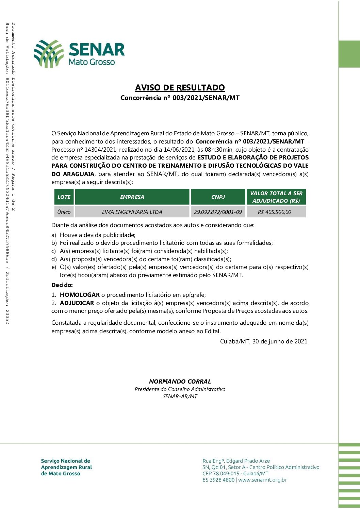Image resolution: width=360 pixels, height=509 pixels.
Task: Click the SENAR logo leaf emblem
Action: coord(49,53)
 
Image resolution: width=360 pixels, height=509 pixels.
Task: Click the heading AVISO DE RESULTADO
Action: coord(180,87)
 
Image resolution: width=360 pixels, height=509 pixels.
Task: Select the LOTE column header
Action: coord(64,197)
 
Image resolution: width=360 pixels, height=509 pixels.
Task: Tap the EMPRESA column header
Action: coord(132,197)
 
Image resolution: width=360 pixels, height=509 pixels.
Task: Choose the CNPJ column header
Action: coord(218,197)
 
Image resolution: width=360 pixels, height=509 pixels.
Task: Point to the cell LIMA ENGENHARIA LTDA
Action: coord(132,212)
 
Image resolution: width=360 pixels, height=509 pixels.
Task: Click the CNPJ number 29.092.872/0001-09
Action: coord(218,212)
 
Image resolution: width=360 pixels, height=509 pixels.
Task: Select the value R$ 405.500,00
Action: coord(275,212)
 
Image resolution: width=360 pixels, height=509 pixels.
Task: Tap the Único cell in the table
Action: coord(64,212)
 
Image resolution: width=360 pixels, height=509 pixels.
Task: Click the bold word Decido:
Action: coord(62,285)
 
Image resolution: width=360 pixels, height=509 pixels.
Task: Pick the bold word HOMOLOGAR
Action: coord(80,295)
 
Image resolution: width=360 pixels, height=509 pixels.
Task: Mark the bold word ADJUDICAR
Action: coord(77,303)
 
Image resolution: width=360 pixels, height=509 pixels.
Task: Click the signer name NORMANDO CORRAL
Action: coord(180,381)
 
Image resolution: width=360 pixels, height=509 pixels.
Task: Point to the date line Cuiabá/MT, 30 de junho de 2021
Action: coord(264,341)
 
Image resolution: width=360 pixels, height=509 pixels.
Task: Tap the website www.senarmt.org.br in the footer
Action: coord(262,480)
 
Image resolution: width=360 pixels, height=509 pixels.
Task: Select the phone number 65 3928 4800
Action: coord(218,480)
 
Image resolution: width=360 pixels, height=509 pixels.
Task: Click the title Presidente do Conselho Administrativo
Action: coord(180,389)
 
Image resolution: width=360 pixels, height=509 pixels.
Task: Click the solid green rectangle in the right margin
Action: coord(349,54)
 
